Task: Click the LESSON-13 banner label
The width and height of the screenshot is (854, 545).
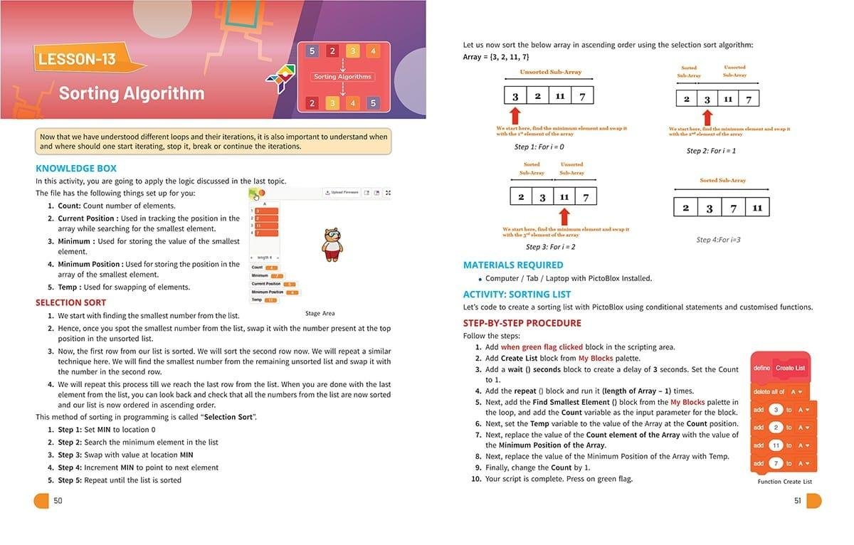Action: (77, 59)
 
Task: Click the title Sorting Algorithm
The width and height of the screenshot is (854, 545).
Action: (132, 93)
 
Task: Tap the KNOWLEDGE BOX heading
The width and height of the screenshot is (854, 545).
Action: (75, 169)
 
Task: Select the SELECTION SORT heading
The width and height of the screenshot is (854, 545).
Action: (71, 302)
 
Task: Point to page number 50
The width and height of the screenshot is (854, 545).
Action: (58, 501)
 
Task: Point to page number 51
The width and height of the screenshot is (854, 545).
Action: (797, 501)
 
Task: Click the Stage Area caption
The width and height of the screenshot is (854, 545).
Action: (320, 313)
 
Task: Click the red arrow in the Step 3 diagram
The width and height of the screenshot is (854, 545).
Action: (565, 216)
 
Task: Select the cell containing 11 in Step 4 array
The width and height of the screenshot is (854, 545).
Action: (757, 208)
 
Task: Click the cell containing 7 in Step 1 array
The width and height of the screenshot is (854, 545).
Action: (582, 96)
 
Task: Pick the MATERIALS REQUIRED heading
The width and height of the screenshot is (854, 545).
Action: (513, 265)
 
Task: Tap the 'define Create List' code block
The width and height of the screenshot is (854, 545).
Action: (780, 368)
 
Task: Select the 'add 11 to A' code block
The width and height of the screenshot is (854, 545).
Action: (783, 445)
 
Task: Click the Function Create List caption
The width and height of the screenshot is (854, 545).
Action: (785, 482)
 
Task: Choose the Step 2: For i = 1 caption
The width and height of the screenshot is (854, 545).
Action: (711, 151)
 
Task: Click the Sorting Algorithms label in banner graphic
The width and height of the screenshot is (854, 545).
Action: (342, 77)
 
